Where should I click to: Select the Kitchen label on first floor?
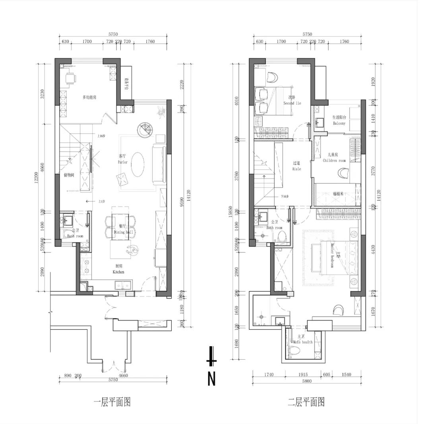[x=118, y=272]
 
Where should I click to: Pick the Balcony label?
[x=339, y=123]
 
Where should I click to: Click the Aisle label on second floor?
[x=297, y=169]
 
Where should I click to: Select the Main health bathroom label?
[x=303, y=342]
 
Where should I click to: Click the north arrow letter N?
[x=212, y=379]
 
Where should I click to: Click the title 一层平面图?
[x=112, y=402]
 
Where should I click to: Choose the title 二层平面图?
[x=306, y=402]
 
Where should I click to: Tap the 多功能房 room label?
[x=90, y=97]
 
